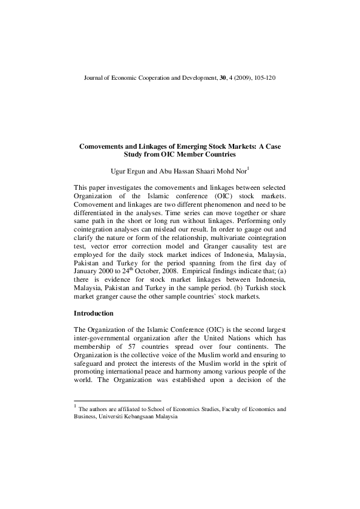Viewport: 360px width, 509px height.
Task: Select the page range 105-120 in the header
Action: click(x=266, y=79)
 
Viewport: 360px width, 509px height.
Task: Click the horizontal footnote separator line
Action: click(x=117, y=401)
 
